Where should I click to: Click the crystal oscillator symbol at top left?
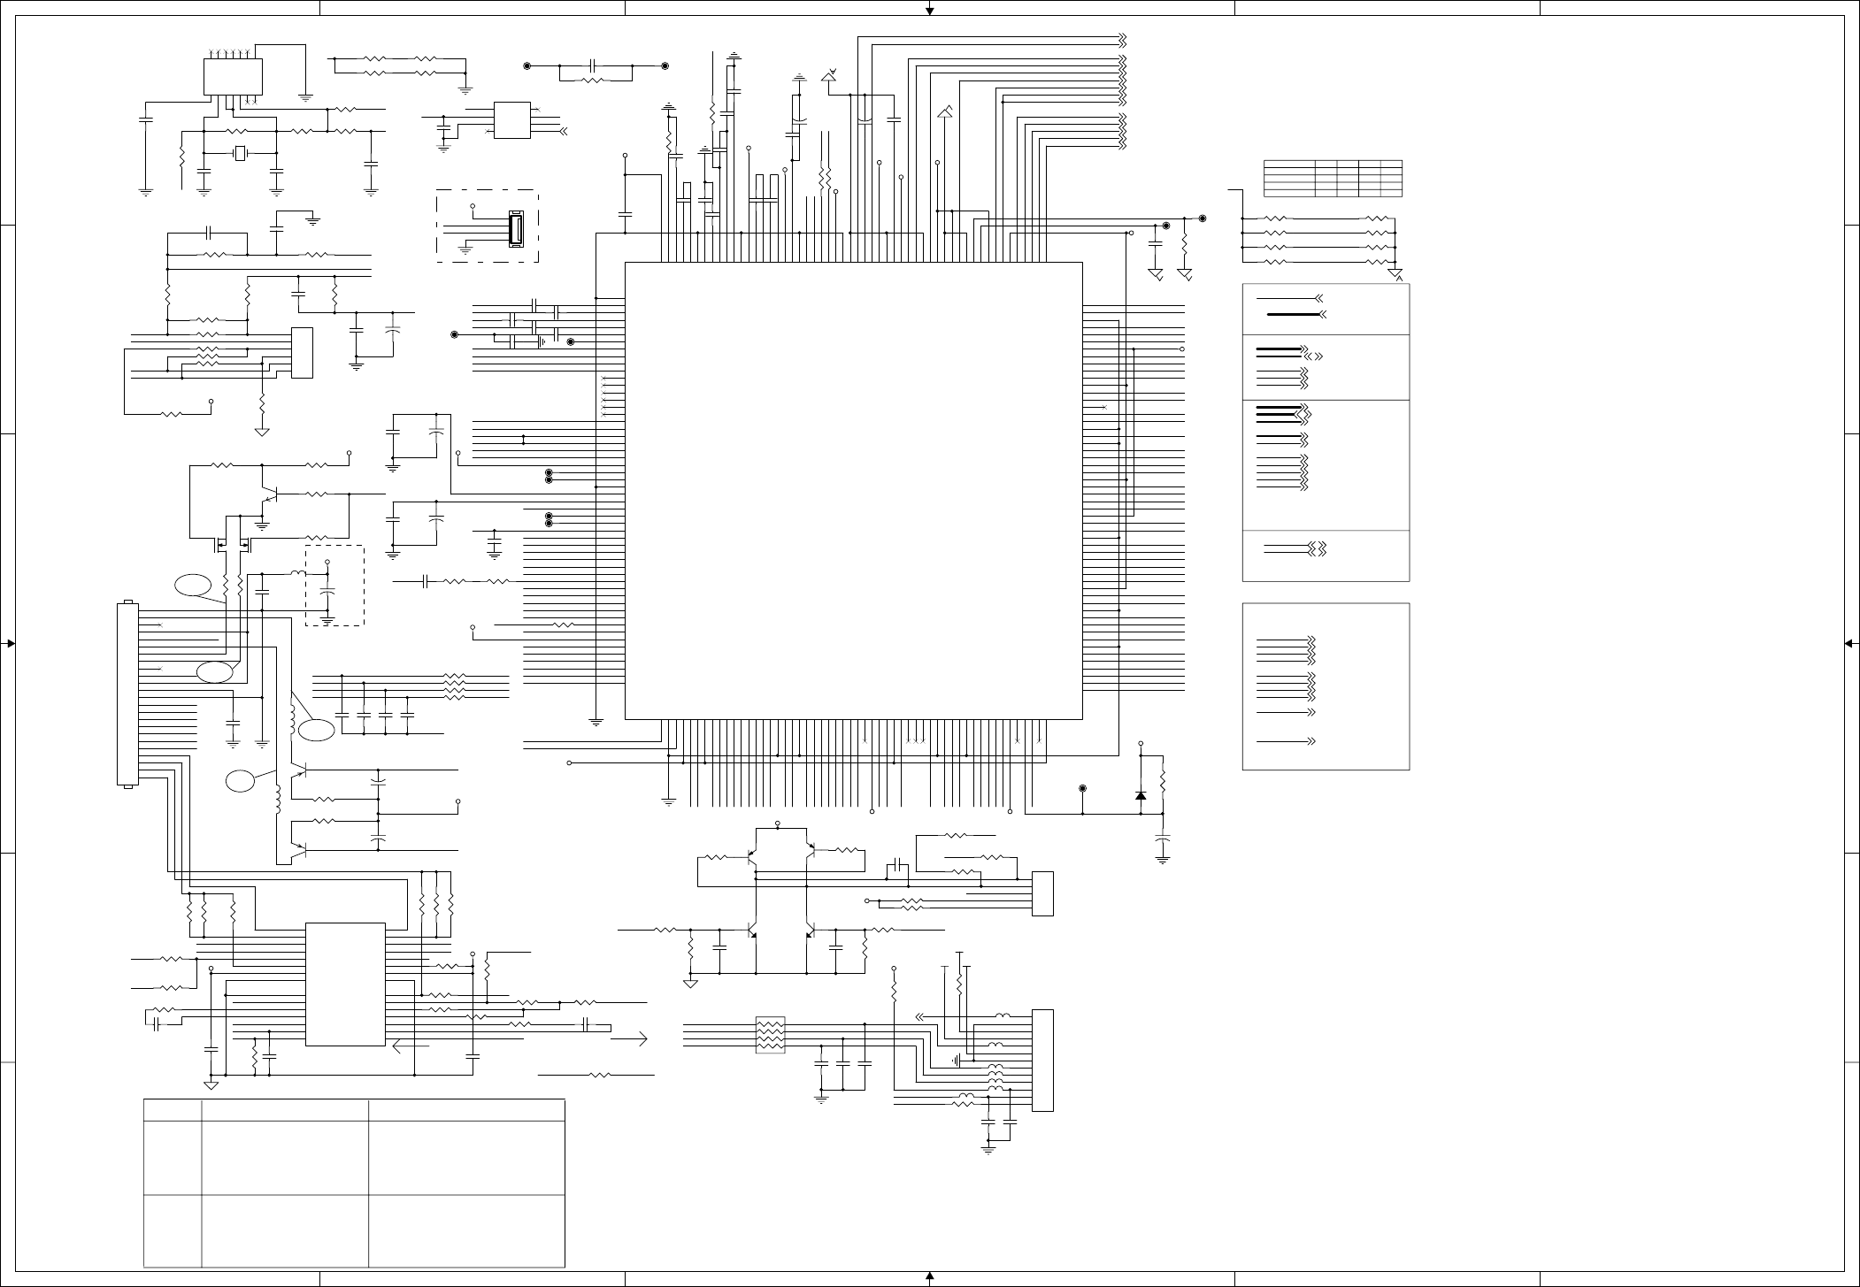tap(240, 154)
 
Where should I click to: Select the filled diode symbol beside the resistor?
tap(1141, 796)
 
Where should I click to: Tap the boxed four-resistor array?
tap(771, 1035)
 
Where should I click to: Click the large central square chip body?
tap(853, 491)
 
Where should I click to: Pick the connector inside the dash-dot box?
tap(515, 229)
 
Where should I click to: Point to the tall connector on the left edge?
tap(127, 694)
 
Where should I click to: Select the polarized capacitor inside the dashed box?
tap(327, 588)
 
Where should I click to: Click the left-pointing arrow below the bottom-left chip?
tap(412, 1046)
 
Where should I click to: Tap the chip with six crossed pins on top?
tap(234, 76)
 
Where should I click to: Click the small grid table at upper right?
tap(1333, 178)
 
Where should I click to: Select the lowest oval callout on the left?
tap(240, 781)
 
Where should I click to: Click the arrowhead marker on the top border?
tap(930, 11)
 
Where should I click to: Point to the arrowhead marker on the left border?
tap(11, 643)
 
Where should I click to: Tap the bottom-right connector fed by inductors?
tap(1042, 1060)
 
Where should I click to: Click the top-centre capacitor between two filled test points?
tap(596, 66)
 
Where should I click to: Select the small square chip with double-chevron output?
tap(511, 120)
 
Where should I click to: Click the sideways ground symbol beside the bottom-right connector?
tap(957, 1059)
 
